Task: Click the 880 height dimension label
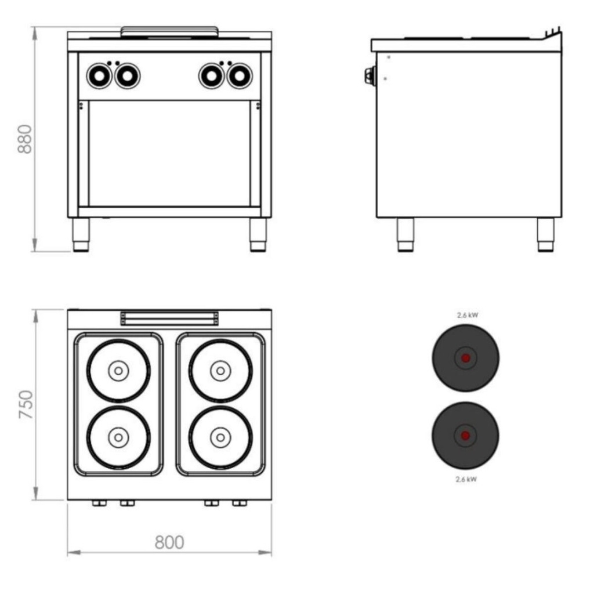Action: pos(24,139)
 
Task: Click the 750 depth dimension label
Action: pos(26,404)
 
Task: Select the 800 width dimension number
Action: pos(169,542)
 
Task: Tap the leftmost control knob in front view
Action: pos(99,76)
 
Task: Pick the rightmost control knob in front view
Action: pos(240,76)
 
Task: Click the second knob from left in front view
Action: pos(127,76)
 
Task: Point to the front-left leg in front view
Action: pos(81,234)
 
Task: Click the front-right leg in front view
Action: pos(258,234)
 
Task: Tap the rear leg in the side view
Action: pos(545,234)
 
